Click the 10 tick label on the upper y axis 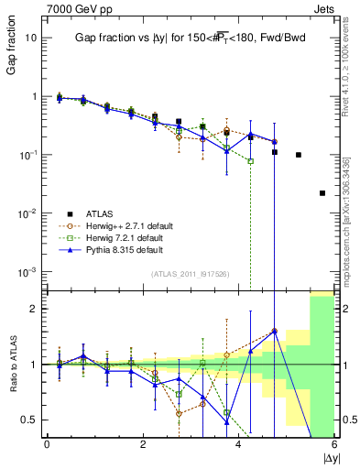click(x=32, y=38)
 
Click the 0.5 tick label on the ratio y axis click(x=31, y=420)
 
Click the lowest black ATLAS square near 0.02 click(x=322, y=193)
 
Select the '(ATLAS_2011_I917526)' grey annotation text click(x=189, y=275)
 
